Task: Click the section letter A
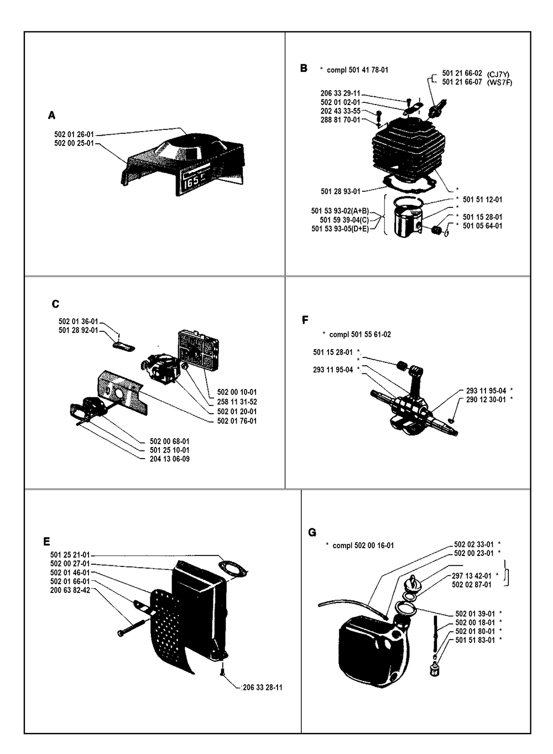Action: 51,115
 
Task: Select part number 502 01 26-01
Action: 74,134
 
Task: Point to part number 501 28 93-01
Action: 341,191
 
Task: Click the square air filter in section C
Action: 195,348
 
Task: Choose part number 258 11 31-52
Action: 237,402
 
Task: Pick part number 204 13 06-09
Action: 170,459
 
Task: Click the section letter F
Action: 305,320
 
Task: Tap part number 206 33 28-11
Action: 262,688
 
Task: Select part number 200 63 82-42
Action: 70,590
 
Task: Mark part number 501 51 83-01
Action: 474,640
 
